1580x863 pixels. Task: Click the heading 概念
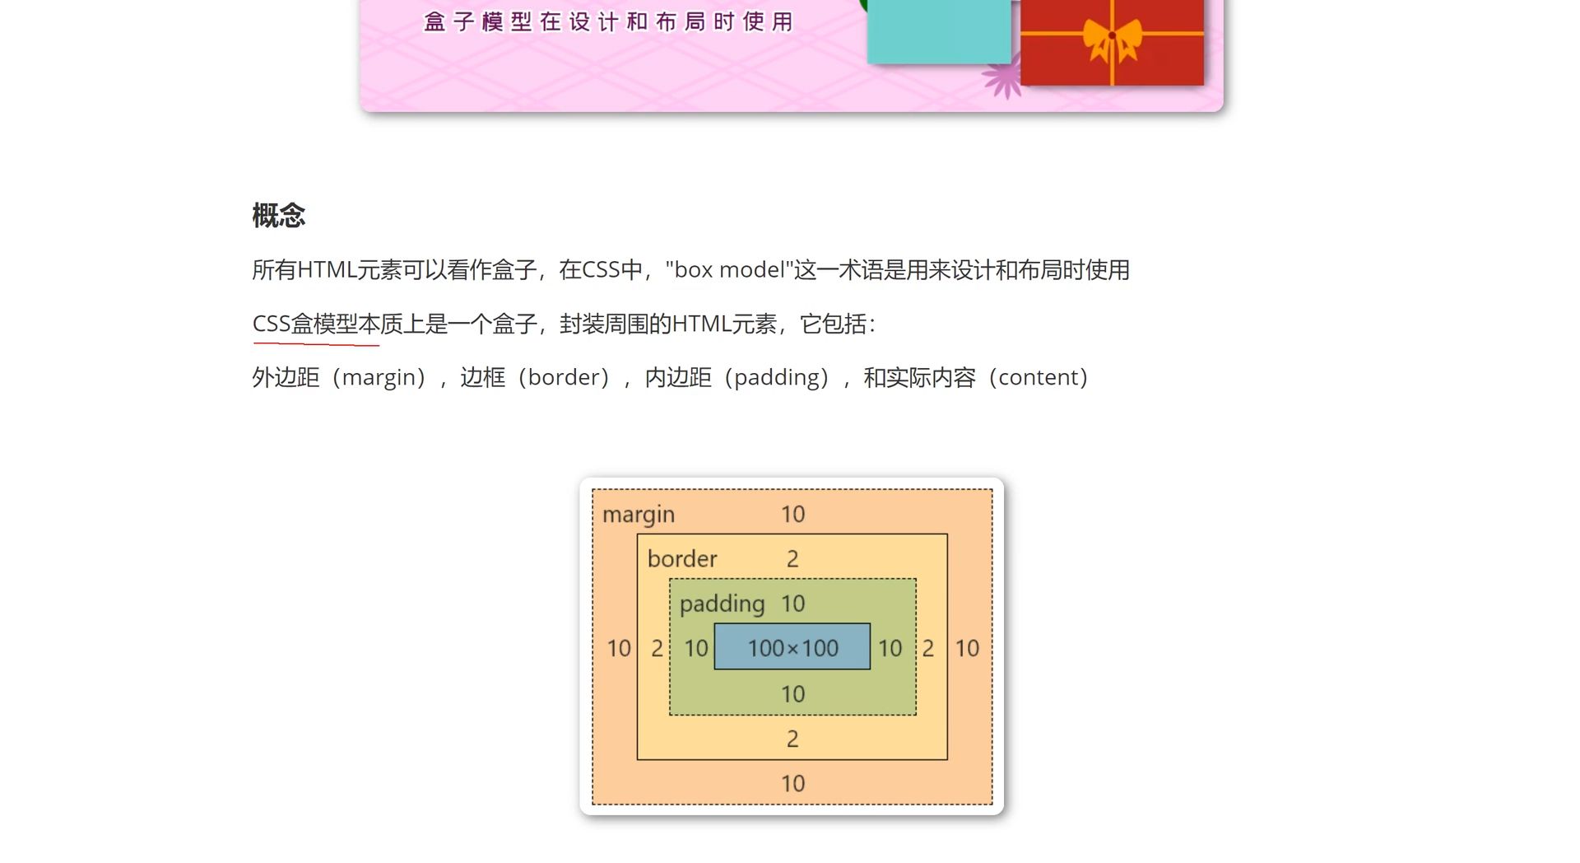(278, 216)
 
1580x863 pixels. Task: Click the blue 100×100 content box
(792, 646)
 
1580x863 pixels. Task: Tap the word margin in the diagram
(639, 515)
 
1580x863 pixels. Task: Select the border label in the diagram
(682, 558)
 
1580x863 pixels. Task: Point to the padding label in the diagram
(723, 604)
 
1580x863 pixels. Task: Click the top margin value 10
(793, 514)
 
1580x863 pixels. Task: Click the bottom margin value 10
(793, 783)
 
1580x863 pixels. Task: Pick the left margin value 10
(619, 648)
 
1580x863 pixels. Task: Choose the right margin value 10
(967, 648)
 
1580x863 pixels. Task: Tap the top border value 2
(792, 558)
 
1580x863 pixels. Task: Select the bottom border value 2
(792, 739)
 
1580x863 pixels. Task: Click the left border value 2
(657, 648)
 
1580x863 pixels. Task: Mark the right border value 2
(928, 648)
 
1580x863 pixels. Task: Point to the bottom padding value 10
(793, 694)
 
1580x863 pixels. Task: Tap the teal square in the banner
(939, 31)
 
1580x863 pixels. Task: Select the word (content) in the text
(1039, 377)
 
